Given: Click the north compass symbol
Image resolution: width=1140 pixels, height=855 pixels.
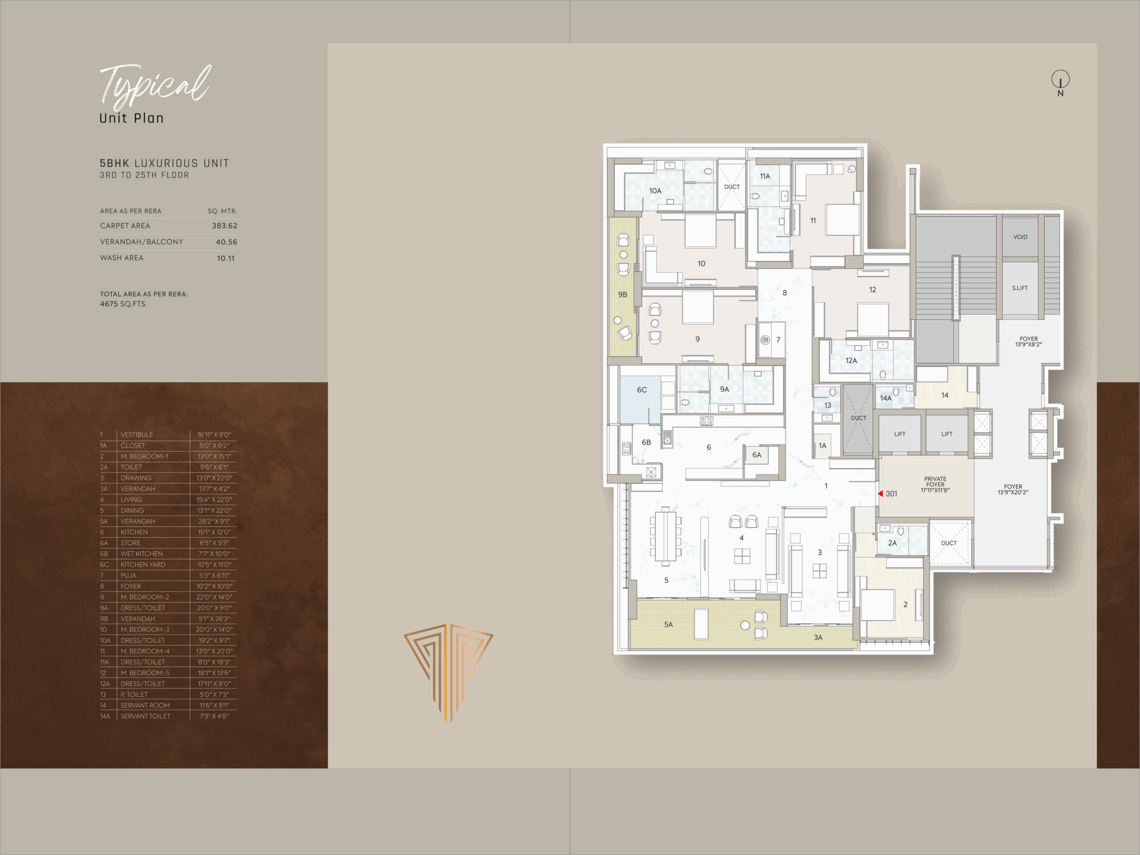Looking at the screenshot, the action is pyautogui.click(x=1060, y=83).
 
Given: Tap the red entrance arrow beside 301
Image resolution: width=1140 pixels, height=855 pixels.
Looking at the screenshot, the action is pyautogui.click(x=880, y=494).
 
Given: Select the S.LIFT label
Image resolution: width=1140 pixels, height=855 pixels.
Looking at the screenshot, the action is pyautogui.click(x=1020, y=288).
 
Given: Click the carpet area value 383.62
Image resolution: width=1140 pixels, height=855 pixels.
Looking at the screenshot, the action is pyautogui.click(x=225, y=226).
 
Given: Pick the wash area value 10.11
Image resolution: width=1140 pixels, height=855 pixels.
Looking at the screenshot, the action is pyautogui.click(x=226, y=258).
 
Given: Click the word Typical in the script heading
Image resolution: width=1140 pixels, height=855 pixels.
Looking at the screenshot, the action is pyautogui.click(x=155, y=85).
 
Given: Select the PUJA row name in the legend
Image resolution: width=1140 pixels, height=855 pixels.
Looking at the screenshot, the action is pyautogui.click(x=128, y=575).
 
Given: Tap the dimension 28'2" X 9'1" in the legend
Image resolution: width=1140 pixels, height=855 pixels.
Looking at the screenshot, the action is pyautogui.click(x=214, y=521).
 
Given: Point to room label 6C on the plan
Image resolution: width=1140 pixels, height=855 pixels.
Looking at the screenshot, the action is pyautogui.click(x=642, y=390).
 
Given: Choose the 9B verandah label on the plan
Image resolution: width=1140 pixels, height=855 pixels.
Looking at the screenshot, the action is pyautogui.click(x=623, y=295).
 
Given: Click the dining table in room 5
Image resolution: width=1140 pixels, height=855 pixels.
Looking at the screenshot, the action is pyautogui.click(x=665, y=535).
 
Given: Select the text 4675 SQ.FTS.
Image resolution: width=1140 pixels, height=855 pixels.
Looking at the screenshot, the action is pyautogui.click(x=124, y=304).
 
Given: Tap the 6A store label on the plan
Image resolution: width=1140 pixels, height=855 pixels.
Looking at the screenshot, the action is pyautogui.click(x=757, y=455).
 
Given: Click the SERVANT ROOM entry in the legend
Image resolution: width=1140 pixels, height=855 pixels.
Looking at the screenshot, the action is pyautogui.click(x=145, y=705).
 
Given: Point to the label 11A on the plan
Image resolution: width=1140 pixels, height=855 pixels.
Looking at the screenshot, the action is pyautogui.click(x=765, y=176).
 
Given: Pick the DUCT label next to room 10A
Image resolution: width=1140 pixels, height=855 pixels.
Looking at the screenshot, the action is pyautogui.click(x=732, y=187).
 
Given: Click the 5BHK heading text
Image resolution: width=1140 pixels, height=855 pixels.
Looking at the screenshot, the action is pyautogui.click(x=114, y=163).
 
